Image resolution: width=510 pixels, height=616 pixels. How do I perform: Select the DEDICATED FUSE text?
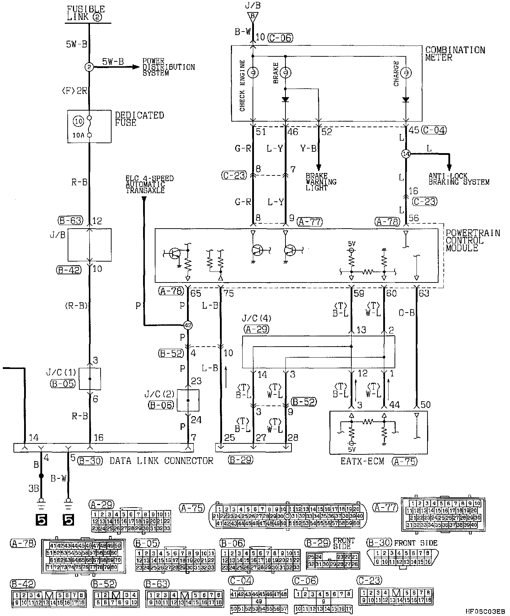[139, 119]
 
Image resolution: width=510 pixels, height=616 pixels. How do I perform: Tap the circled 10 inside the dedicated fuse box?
[79, 121]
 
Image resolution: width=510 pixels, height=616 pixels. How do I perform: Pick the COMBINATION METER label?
[455, 54]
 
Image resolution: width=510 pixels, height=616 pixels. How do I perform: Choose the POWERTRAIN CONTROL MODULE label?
[472, 240]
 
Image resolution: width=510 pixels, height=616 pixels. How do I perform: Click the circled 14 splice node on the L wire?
[406, 154]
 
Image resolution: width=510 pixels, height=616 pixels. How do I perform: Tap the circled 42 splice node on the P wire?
[188, 325]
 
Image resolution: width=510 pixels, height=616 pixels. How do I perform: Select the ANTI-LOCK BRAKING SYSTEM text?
[459, 179]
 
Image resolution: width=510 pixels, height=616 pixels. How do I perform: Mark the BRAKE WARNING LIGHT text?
[321, 182]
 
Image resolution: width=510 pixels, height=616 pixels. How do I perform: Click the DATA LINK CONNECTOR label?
[161, 461]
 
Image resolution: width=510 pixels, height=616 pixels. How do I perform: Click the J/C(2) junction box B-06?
[188, 400]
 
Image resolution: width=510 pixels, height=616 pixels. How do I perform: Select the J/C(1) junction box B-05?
[90, 379]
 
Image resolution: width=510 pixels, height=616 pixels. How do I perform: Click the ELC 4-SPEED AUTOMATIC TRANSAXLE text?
[149, 184]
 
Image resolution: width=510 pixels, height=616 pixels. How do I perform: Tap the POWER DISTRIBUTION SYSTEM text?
[169, 67]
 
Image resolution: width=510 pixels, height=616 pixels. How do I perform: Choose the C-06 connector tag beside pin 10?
[280, 37]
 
